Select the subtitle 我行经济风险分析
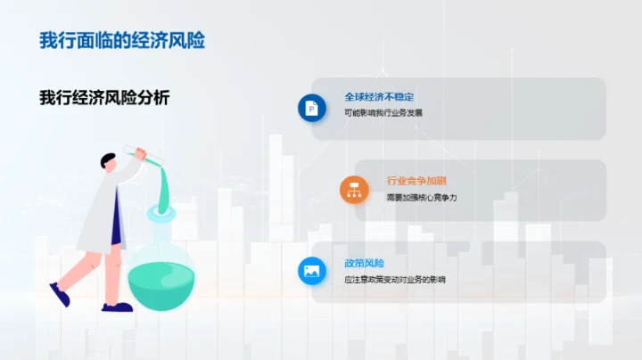(x=104, y=98)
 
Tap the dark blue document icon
(x=312, y=108)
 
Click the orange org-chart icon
(x=354, y=189)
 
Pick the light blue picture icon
(x=312, y=271)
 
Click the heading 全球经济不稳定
(x=379, y=96)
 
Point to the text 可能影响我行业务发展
(x=383, y=114)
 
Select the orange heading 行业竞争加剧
(x=417, y=179)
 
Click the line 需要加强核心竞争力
(x=421, y=197)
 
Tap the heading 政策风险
(x=363, y=263)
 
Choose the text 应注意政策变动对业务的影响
(x=394, y=280)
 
